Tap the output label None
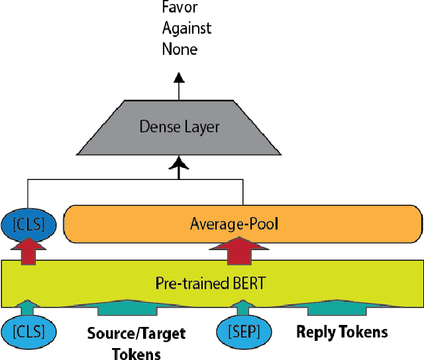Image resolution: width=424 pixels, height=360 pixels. tap(180, 49)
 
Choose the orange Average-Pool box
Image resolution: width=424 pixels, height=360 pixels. tap(242, 225)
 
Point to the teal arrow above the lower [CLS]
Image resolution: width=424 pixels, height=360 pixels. tap(27, 306)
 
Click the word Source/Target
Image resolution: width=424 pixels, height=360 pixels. tap(136, 333)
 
